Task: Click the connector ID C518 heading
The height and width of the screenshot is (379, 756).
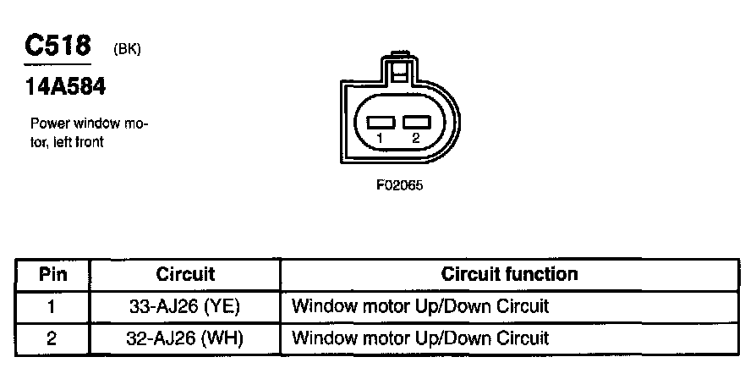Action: (x=57, y=45)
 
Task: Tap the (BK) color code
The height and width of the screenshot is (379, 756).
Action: (x=126, y=49)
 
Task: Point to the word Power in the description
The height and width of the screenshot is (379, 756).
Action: (x=48, y=124)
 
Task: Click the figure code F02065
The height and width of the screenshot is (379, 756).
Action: (x=400, y=186)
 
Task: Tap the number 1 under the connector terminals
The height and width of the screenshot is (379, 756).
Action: (x=381, y=139)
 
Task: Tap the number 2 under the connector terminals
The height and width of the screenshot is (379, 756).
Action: (x=415, y=139)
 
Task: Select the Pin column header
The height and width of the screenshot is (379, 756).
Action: (x=52, y=275)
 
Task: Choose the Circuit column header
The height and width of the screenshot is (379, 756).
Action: (x=185, y=275)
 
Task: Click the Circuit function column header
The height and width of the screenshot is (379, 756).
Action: (x=509, y=275)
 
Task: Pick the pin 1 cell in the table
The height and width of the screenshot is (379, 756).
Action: (x=52, y=306)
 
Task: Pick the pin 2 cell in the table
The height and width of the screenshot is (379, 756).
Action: (x=52, y=338)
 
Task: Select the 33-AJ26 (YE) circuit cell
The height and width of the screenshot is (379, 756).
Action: (x=185, y=306)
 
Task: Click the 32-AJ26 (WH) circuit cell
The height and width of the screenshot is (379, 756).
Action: (x=185, y=338)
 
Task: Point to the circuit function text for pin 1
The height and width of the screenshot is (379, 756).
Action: (x=420, y=306)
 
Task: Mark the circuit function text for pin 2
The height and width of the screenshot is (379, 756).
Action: (x=420, y=338)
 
